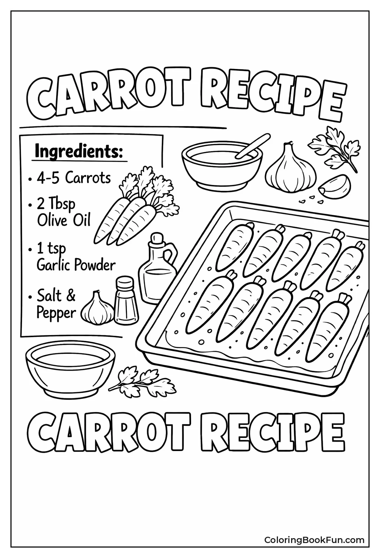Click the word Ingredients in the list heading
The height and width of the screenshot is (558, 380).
(79, 152)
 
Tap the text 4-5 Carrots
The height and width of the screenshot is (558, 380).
(74, 178)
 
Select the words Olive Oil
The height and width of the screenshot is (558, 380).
(64, 220)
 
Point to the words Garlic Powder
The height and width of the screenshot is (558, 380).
(76, 265)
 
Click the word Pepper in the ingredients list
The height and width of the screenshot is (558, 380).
(56, 312)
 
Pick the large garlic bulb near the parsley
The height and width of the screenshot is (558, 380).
(290, 169)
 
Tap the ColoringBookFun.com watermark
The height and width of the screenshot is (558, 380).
(314, 540)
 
